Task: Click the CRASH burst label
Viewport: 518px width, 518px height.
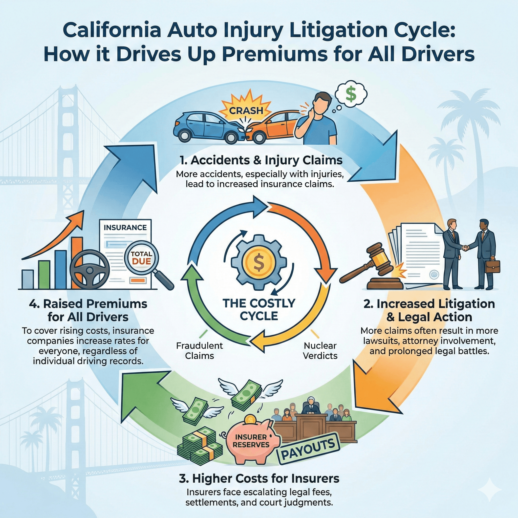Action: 246,110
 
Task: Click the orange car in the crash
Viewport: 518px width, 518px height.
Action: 271,126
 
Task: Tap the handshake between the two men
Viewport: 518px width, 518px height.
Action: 465,248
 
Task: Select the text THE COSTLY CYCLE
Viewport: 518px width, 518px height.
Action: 259,310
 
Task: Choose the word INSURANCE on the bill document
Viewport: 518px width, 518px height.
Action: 125,228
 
